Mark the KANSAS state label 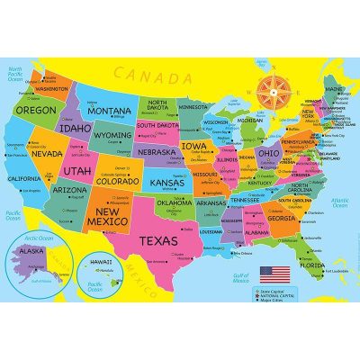pyautogui.click(x=166, y=182)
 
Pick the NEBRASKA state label pyautogui.click(x=161, y=152)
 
